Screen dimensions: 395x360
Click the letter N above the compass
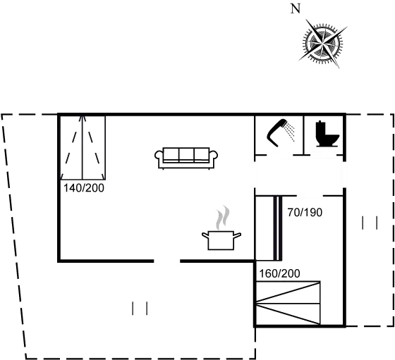tap(296, 9)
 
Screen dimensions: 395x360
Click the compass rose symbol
tap(323, 43)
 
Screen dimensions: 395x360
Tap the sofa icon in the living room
tap(186, 158)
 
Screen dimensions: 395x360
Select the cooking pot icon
tap(221, 240)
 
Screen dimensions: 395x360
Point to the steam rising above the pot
tap(223, 218)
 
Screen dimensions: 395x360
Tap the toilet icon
tap(327, 134)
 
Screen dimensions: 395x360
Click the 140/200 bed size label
tap(84, 188)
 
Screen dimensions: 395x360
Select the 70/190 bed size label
tap(305, 213)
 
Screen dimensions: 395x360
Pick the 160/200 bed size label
tap(279, 274)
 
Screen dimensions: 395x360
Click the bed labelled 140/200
tap(83, 148)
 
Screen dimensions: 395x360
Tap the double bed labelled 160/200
tap(288, 303)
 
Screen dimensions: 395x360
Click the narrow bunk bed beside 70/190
tap(269, 228)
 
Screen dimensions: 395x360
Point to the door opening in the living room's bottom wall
tap(167, 261)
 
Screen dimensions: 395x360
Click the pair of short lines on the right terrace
tap(370, 223)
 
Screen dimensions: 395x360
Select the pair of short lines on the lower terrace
tap(140, 309)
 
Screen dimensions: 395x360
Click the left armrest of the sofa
tap(159, 155)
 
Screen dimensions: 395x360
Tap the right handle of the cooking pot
tap(237, 235)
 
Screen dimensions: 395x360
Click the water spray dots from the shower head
tap(290, 131)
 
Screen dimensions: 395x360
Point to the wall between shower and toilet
tap(303, 135)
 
